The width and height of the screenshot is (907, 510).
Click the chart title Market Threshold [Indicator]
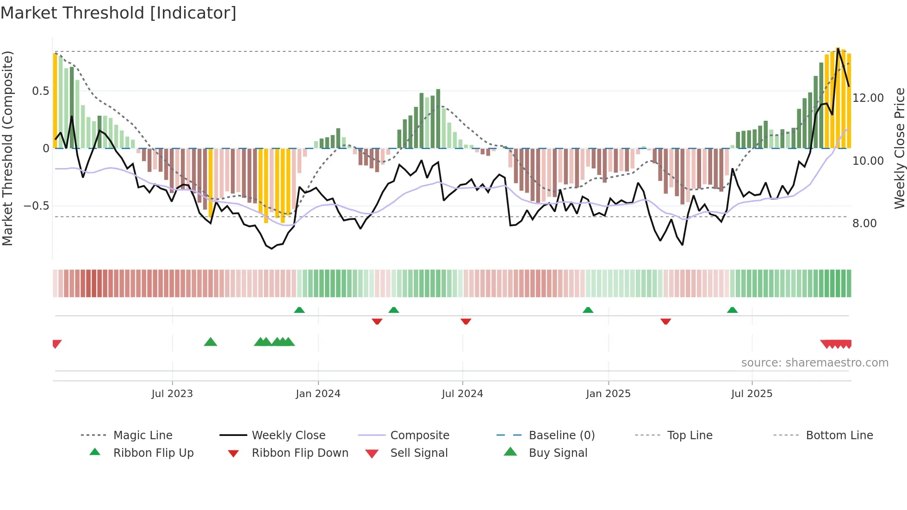pyautogui.click(x=118, y=13)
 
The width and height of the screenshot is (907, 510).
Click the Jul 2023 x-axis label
pyautogui.click(x=172, y=394)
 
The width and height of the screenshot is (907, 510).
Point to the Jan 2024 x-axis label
pyautogui.click(x=318, y=394)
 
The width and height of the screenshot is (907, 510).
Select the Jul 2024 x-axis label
pyautogui.click(x=462, y=394)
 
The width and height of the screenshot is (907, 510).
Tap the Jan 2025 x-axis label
pyautogui.click(x=608, y=394)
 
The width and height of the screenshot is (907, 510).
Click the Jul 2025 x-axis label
pyautogui.click(x=752, y=394)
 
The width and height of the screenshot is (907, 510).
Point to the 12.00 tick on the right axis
pyautogui.click(x=868, y=98)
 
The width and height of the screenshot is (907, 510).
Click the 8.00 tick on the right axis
pyautogui.click(x=864, y=224)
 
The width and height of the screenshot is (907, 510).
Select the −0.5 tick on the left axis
pyautogui.click(x=37, y=206)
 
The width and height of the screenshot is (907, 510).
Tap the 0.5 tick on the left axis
pyautogui.click(x=40, y=91)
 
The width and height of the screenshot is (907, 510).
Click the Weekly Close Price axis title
pyautogui.click(x=899, y=148)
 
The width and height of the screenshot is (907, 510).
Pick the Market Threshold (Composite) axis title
pyautogui.click(x=7, y=148)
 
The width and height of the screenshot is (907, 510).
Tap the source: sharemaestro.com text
pyautogui.click(x=814, y=363)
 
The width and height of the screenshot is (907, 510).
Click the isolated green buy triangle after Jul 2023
pyautogui.click(x=211, y=342)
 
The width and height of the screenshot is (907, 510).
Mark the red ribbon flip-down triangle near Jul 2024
pyautogui.click(x=466, y=321)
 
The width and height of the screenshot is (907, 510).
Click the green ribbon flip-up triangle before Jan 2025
pyautogui.click(x=588, y=310)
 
